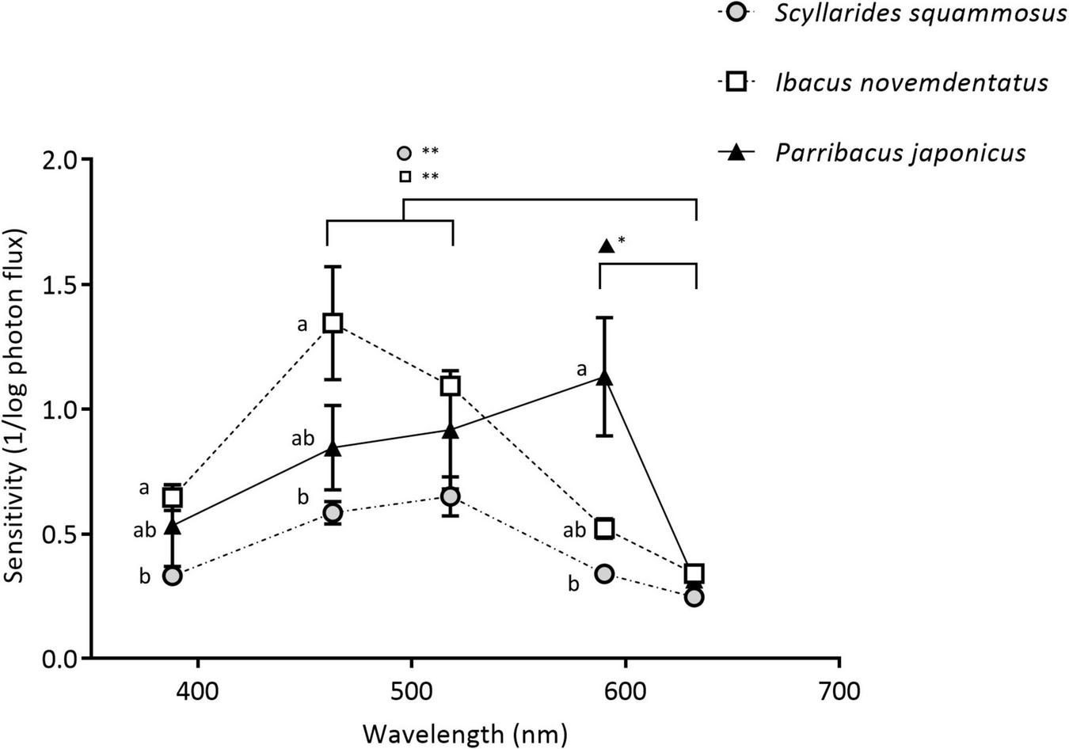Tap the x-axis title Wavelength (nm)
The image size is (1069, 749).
(x=466, y=733)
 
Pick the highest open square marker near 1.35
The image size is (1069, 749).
(x=333, y=322)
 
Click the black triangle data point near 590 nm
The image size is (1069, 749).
(x=605, y=378)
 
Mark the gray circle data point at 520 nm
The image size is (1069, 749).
(x=450, y=496)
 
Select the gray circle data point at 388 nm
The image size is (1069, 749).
(x=172, y=576)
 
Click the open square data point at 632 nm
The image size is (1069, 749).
(x=694, y=574)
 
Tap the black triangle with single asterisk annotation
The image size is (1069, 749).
(x=606, y=246)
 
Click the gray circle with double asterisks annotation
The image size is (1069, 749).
(x=405, y=152)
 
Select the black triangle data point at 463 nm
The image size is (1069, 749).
(x=333, y=449)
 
